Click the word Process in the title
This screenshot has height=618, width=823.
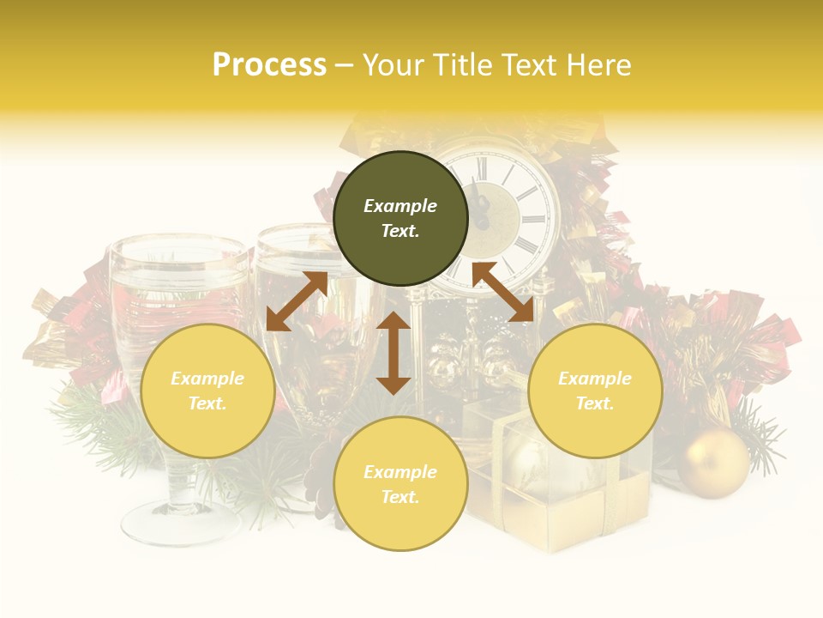pos(269,65)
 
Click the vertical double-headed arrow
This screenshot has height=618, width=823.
pos(393,353)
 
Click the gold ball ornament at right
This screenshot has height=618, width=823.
pos(713,463)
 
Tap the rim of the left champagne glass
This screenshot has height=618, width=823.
pos(178,249)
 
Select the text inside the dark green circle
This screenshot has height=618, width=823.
pos(400,218)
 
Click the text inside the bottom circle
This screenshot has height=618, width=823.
pos(400,484)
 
